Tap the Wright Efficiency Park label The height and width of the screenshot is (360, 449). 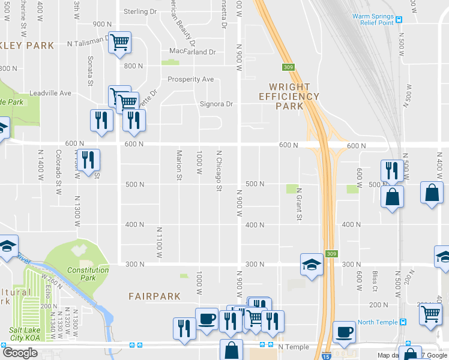click(x=289, y=96)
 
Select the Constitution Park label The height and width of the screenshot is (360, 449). click(x=88, y=274)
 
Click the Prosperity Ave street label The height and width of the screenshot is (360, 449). click(x=190, y=79)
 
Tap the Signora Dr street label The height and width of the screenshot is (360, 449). click(x=215, y=104)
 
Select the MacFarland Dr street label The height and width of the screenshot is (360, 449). click(x=192, y=52)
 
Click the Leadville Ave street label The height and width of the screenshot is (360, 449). click(x=51, y=94)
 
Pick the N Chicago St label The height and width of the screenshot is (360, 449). click(x=219, y=171)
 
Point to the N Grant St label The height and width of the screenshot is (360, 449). click(x=298, y=204)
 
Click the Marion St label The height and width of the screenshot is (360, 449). click(x=178, y=165)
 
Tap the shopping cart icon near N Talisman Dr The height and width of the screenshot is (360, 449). click(x=119, y=41)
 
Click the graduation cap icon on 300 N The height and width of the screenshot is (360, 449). click(x=312, y=264)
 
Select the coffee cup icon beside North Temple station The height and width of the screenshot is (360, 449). click(x=344, y=332)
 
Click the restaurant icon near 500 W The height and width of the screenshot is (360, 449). click(x=391, y=170)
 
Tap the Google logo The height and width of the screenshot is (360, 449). click(x=20, y=353)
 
